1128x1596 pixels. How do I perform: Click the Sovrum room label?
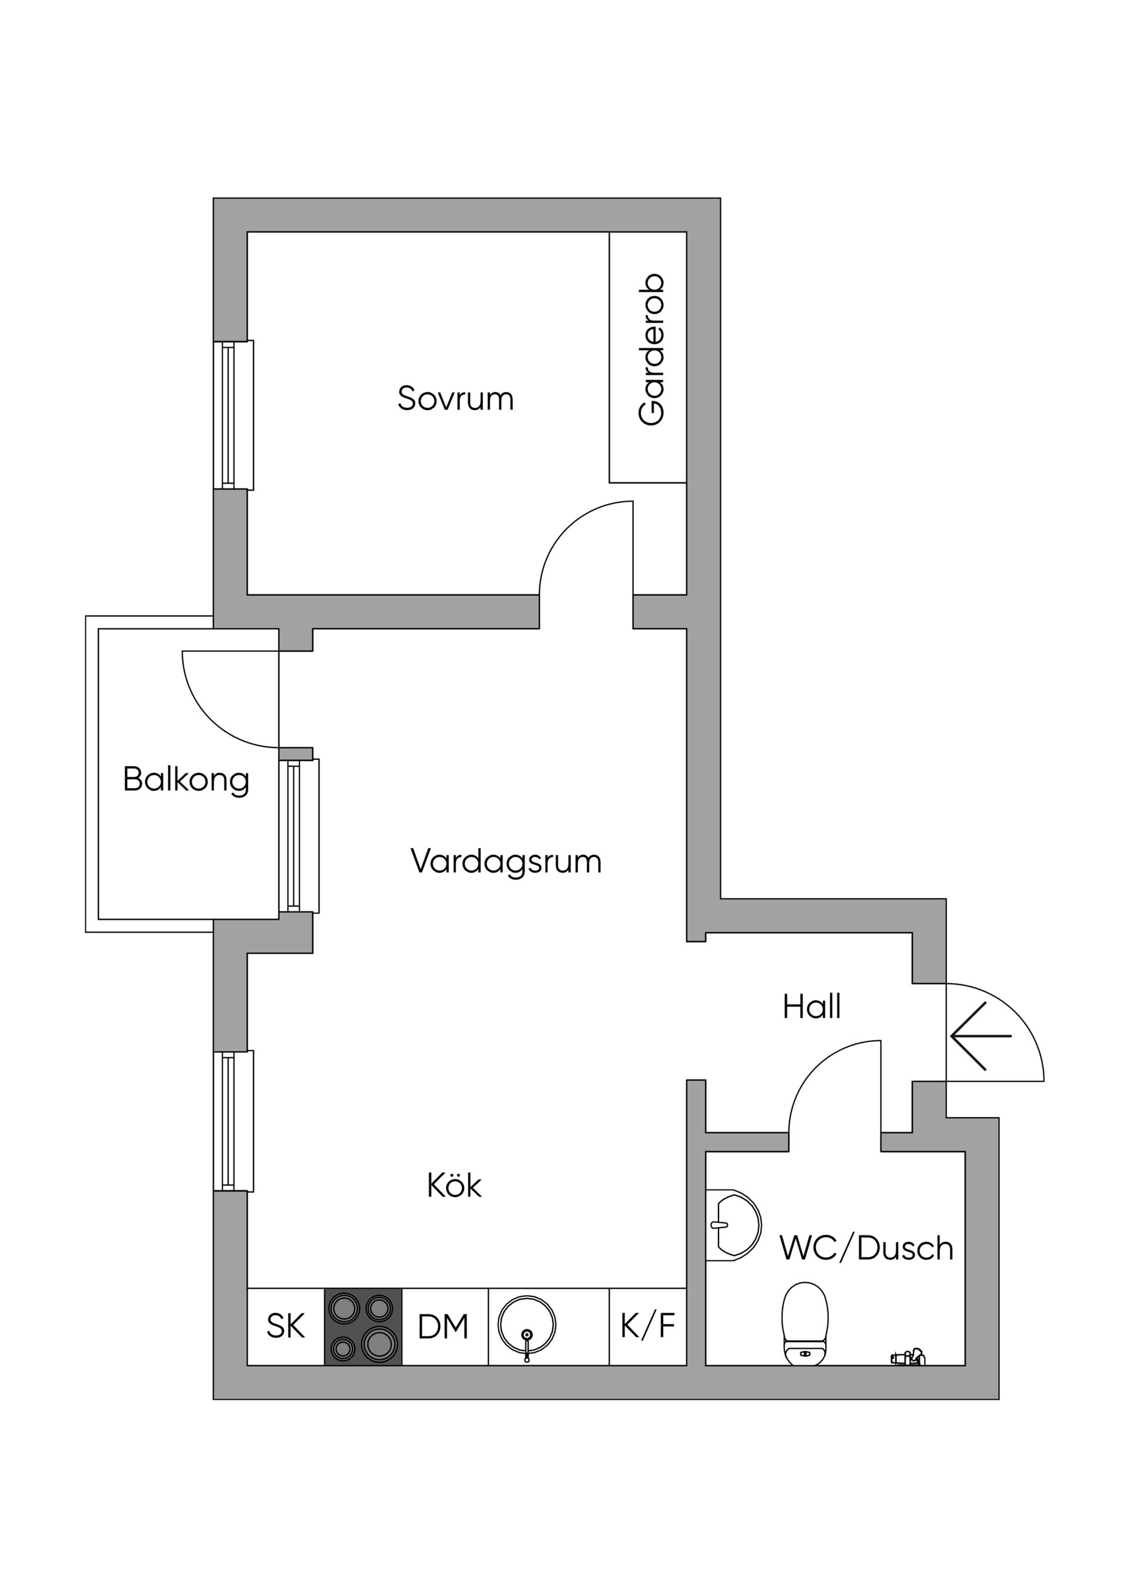click(x=455, y=398)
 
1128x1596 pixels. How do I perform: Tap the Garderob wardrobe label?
click(x=651, y=350)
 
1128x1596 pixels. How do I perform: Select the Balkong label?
click(x=186, y=779)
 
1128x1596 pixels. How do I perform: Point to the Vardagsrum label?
click(x=506, y=862)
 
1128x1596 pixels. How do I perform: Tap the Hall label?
click(x=811, y=1007)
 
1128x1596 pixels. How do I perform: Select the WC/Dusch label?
click(x=866, y=1249)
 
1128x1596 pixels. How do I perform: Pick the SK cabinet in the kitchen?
click(x=286, y=1326)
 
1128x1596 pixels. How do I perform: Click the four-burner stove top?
click(x=363, y=1327)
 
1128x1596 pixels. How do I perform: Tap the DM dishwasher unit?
click(x=444, y=1327)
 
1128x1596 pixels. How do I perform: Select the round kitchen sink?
click(x=527, y=1326)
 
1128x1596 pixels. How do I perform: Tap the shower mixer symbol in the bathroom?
click(x=908, y=1356)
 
